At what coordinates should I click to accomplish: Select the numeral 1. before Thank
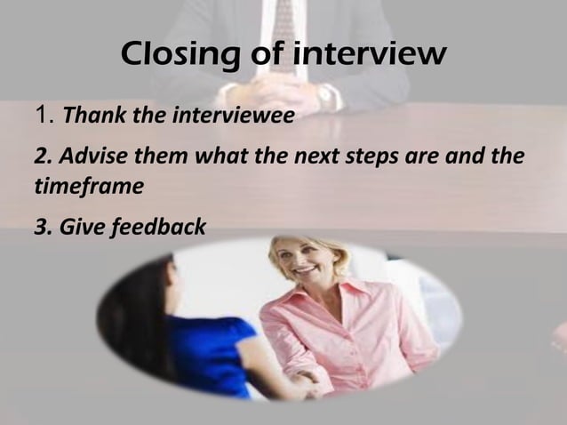coord(44,114)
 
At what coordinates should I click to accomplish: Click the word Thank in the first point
coord(91,116)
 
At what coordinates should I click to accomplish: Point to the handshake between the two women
coord(307,384)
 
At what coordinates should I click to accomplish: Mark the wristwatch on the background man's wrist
coord(326,96)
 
